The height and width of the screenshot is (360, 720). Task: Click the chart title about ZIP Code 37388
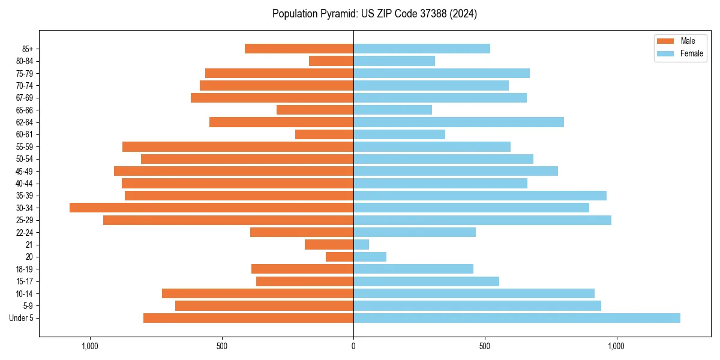point(374,14)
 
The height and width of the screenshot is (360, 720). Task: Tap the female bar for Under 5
point(517,318)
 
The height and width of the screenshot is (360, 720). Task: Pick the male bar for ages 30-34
point(211,208)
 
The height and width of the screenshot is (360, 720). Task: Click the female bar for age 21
point(361,244)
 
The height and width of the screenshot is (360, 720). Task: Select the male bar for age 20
point(340,257)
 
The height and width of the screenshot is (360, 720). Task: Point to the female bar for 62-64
point(458,122)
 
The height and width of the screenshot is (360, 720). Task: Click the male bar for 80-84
point(331,61)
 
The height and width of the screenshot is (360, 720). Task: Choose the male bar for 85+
point(299,49)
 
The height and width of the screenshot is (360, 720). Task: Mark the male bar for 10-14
point(257,293)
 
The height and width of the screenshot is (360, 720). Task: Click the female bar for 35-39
point(480,196)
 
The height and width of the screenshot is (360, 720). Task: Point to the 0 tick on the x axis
point(353,346)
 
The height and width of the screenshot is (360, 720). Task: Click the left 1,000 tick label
point(90,346)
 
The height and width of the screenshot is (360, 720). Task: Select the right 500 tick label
point(485,346)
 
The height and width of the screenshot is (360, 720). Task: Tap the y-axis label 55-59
point(24,146)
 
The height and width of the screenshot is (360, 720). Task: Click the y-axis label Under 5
point(22,318)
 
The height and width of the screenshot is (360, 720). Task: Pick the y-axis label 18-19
point(24,269)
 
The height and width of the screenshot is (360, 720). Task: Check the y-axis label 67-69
point(24,98)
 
